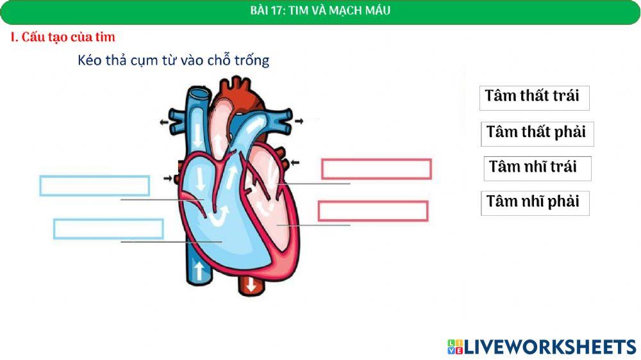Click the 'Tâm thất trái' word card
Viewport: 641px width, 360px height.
pos(533,97)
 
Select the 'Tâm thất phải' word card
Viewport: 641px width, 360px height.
pos(537,133)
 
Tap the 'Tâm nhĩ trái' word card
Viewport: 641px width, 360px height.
pos(536,167)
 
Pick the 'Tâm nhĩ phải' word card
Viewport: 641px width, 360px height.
pos(534,202)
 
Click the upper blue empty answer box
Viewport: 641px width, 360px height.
pos(95,185)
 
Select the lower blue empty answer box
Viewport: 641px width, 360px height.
pos(108,229)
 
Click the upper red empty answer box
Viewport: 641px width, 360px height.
pos(376,169)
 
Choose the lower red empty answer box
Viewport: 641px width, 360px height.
pos(372,211)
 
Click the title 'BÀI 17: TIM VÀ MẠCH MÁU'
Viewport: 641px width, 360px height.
pos(320,11)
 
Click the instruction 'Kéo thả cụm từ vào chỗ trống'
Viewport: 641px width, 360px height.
pos(173,61)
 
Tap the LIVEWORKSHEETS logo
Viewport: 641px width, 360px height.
pos(542,347)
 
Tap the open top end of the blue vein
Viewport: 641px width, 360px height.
pos(198,94)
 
